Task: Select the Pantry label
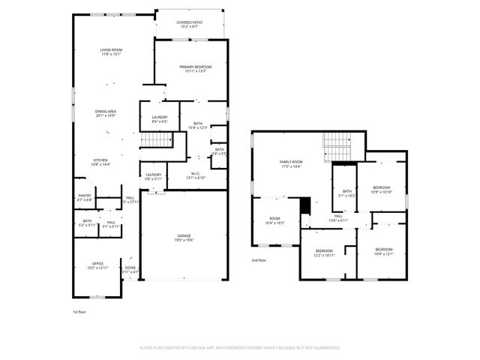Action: pyautogui.click(x=84, y=197)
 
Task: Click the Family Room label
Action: pyautogui.click(x=291, y=163)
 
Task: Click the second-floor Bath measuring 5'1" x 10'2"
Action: pyautogui.click(x=347, y=193)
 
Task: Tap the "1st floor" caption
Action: pyautogui.click(x=79, y=311)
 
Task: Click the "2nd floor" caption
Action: pyautogui.click(x=259, y=260)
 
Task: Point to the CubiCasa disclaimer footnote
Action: pyautogui.click(x=240, y=348)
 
